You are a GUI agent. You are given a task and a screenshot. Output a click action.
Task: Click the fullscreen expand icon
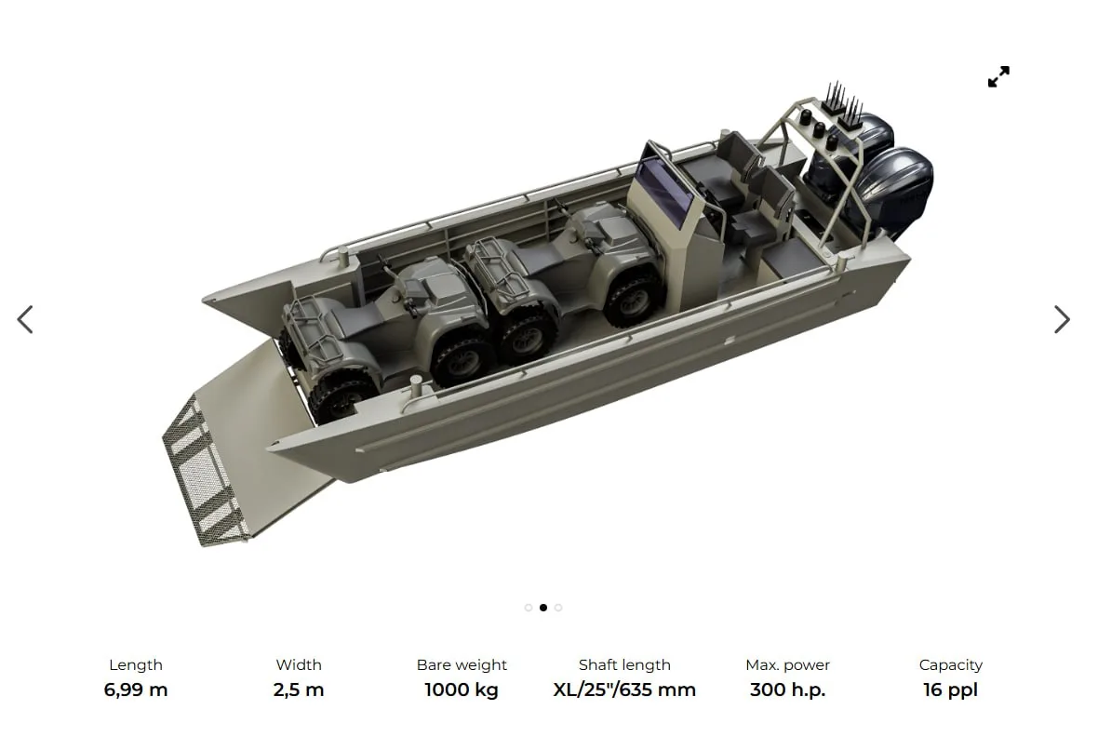tap(998, 76)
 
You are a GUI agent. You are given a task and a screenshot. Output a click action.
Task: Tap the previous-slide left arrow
tap(25, 319)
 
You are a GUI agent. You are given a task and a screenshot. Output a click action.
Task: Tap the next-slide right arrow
tap(1062, 319)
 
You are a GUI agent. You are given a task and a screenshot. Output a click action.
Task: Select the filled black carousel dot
tap(543, 607)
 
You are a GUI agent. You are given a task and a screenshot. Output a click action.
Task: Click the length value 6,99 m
tap(136, 690)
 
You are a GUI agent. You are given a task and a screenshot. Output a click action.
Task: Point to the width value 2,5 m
tap(299, 690)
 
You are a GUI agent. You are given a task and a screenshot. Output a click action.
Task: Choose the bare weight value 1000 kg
tap(462, 690)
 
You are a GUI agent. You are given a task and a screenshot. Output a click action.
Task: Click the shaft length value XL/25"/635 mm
tap(624, 690)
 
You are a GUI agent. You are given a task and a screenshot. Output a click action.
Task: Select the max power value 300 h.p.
tap(788, 690)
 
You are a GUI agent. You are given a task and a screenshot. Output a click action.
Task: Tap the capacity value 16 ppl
tap(950, 690)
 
